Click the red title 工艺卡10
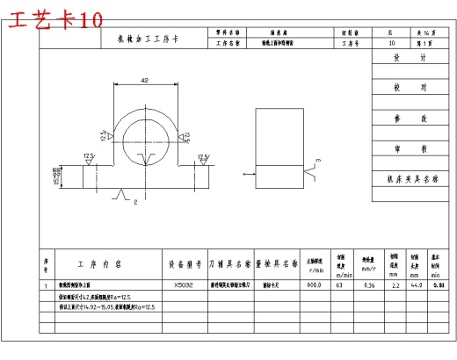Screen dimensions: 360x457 point(53,19)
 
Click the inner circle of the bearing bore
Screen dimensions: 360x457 point(144,137)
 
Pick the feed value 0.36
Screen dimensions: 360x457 point(370,285)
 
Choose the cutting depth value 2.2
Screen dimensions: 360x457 point(395,285)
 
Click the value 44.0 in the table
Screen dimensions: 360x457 point(415,285)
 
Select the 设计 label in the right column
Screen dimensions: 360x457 point(409,58)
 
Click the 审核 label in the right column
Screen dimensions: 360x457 point(409,148)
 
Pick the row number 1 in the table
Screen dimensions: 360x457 point(46,285)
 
